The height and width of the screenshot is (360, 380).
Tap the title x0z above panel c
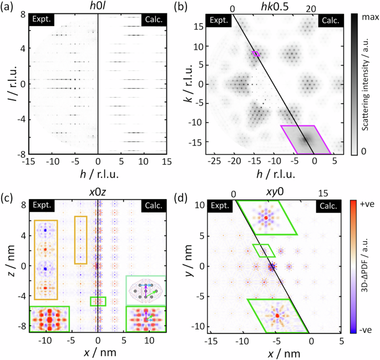pos(98,193)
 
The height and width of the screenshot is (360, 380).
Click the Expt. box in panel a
pos(43,20)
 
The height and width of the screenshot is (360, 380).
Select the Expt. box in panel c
pos(43,206)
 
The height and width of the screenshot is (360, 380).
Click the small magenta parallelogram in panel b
pos(256,54)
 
